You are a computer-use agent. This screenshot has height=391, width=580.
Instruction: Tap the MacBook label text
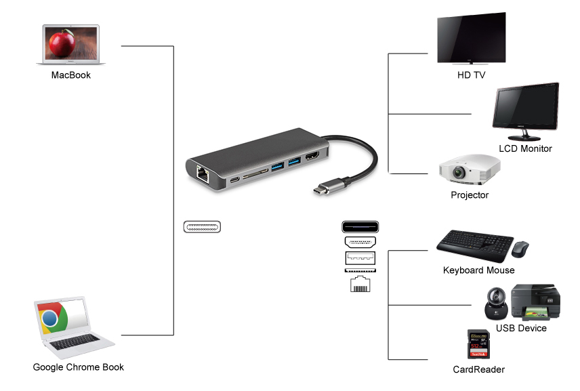(71, 75)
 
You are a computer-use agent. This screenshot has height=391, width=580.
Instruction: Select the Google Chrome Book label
(79, 367)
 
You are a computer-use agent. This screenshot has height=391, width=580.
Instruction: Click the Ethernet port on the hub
(203, 175)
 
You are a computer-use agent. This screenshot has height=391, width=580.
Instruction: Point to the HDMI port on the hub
(312, 157)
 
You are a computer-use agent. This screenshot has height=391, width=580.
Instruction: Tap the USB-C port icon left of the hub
(202, 227)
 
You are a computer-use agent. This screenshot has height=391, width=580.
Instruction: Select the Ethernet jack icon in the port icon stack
(360, 284)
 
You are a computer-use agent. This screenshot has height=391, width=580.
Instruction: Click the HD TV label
(472, 75)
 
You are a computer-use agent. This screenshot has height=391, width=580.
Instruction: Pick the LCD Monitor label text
(525, 148)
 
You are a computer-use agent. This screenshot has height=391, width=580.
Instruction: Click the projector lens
(459, 172)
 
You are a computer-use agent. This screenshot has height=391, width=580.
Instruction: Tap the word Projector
(470, 195)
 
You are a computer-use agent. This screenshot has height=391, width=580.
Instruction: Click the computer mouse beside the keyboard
(520, 249)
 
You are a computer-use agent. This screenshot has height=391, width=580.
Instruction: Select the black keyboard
(475, 245)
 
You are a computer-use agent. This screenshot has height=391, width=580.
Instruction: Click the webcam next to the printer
(496, 304)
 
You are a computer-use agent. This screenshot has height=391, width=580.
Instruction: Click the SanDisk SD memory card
(478, 344)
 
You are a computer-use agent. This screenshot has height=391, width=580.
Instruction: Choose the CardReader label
(479, 369)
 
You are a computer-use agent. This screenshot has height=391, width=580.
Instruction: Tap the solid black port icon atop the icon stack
(360, 227)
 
